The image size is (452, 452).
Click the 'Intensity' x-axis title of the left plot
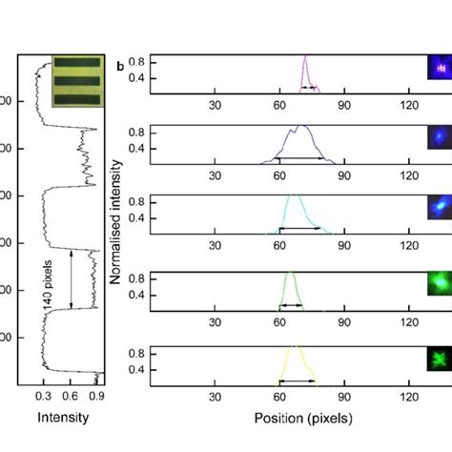(62, 417)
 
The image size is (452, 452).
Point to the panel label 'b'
(119, 67)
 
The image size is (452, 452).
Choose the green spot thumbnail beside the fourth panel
(438, 284)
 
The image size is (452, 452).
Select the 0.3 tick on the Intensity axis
(43, 393)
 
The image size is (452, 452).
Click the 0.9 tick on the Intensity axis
(96, 393)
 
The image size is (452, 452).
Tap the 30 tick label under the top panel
(216, 105)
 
